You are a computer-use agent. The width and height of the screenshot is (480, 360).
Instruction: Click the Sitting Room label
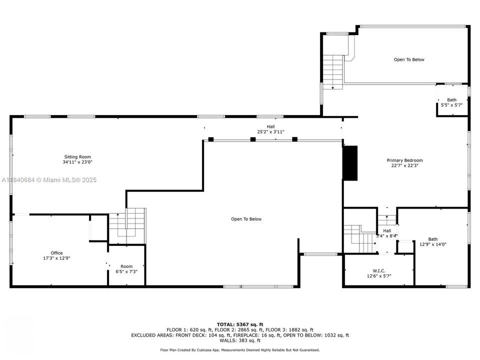pos(77,157)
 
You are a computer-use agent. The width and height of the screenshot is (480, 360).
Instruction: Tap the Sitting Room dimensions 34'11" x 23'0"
pos(77,162)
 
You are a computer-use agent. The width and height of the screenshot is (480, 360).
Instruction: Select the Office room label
pos(56,253)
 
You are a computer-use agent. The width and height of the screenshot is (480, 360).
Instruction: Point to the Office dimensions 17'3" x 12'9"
pos(56,258)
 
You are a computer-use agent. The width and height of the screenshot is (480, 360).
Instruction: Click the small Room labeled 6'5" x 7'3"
pos(126,269)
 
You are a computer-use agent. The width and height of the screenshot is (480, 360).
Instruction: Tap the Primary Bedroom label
pos(404,160)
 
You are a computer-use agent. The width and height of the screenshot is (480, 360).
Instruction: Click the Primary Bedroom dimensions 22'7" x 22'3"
pos(404,166)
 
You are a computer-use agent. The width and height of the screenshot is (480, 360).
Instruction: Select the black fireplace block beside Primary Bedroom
pos(351,163)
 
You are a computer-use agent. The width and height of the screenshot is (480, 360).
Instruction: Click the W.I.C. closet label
pos(379,270)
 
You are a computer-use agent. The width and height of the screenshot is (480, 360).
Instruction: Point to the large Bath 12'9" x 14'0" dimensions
pos(432,244)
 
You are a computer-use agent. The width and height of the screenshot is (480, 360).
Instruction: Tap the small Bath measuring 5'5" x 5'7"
pos(451,102)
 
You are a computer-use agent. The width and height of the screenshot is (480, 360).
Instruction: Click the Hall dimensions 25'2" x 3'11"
pos(270,132)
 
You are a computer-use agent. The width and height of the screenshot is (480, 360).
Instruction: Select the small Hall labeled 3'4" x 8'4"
pos(387,233)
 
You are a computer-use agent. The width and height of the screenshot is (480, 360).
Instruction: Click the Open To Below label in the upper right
pos(409,59)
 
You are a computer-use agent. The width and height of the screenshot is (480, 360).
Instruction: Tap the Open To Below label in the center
pos(246,219)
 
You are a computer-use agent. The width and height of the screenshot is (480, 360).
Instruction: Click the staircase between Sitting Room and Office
pos(127,225)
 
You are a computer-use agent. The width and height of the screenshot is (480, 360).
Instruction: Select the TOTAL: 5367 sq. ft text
pos(240,324)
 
